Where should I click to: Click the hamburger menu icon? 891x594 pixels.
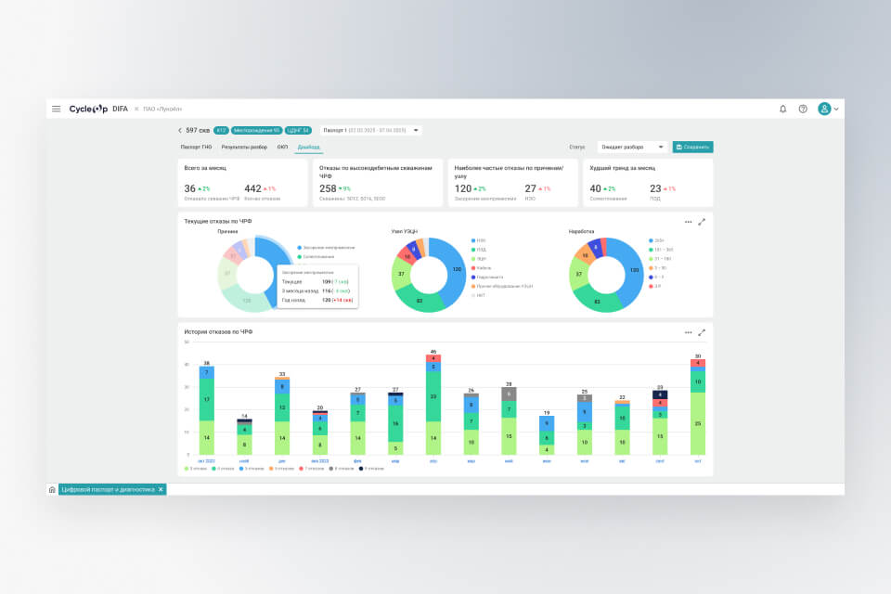click(x=57, y=109)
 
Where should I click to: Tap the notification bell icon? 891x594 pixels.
click(x=782, y=109)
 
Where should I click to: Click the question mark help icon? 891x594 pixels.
click(x=803, y=109)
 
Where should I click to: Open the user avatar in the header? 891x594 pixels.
click(x=824, y=109)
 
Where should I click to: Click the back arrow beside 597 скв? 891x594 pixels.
click(x=180, y=131)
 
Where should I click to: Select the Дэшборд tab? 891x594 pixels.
click(x=308, y=147)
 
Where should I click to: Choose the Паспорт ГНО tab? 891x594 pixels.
click(x=196, y=147)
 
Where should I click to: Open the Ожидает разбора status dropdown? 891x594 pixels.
click(x=632, y=147)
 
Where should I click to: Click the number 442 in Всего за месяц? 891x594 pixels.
click(x=252, y=188)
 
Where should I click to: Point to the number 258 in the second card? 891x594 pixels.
click(x=329, y=188)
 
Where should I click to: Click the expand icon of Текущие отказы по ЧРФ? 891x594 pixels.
click(x=702, y=222)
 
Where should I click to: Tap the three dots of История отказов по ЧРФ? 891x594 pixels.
click(x=688, y=332)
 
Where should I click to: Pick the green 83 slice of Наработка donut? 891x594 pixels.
click(x=597, y=302)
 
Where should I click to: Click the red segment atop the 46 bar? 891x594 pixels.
click(x=433, y=358)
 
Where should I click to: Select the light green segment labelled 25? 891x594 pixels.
click(x=698, y=423)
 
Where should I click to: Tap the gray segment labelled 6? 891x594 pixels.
click(x=509, y=394)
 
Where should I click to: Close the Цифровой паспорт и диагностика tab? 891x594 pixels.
click(x=161, y=489)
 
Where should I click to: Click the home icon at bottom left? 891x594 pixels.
click(x=52, y=489)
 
